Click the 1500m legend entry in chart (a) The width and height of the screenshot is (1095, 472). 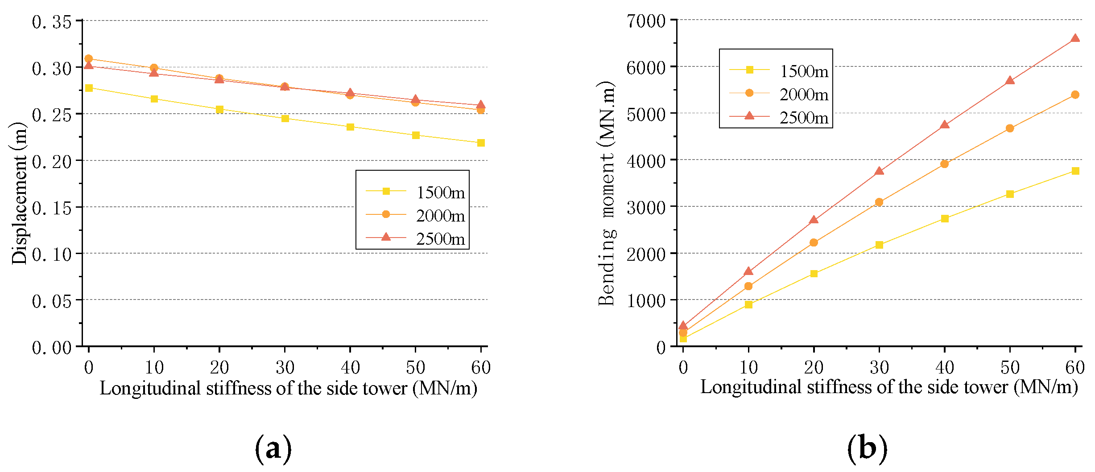[415, 192]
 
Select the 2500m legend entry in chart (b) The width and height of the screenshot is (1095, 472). [779, 117]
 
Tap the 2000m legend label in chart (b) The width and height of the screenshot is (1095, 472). [804, 94]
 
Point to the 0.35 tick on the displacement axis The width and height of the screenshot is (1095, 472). [52, 21]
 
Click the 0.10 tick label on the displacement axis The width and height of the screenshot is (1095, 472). [52, 254]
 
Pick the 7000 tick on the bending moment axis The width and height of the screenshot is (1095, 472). [646, 21]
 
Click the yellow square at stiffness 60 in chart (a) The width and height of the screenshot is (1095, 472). [481, 143]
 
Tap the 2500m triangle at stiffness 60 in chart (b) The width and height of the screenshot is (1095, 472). [1075, 38]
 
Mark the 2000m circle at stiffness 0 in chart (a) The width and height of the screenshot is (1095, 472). [88, 58]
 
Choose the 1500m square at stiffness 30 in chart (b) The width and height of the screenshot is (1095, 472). [879, 245]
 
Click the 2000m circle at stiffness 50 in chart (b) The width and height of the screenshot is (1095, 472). [1010, 128]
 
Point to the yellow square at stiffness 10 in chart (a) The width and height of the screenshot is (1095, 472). [154, 99]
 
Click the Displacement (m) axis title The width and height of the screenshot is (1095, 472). [19, 193]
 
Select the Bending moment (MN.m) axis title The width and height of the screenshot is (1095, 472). [607, 193]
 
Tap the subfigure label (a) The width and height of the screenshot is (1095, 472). [273, 449]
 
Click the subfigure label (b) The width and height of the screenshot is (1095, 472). [868, 448]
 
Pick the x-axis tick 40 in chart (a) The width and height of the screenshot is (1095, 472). [350, 368]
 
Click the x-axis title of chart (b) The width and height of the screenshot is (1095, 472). [889, 387]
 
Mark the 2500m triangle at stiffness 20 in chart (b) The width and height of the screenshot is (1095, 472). [814, 219]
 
